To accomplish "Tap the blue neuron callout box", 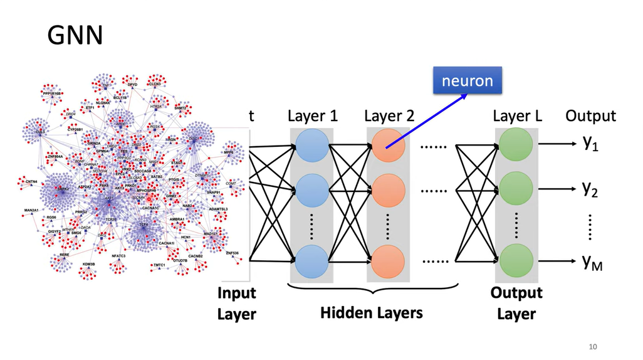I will [x=467, y=81].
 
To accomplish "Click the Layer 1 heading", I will [x=312, y=116].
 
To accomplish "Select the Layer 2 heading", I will [x=389, y=116].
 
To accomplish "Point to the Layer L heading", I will [x=518, y=116].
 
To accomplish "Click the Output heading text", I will [x=590, y=116].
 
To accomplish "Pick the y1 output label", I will [x=591, y=144].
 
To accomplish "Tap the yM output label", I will [x=592, y=263].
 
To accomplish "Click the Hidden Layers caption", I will [x=372, y=312].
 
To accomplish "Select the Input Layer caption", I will [x=237, y=303].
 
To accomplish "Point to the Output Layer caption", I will [x=516, y=303].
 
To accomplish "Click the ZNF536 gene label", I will [x=232, y=253].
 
